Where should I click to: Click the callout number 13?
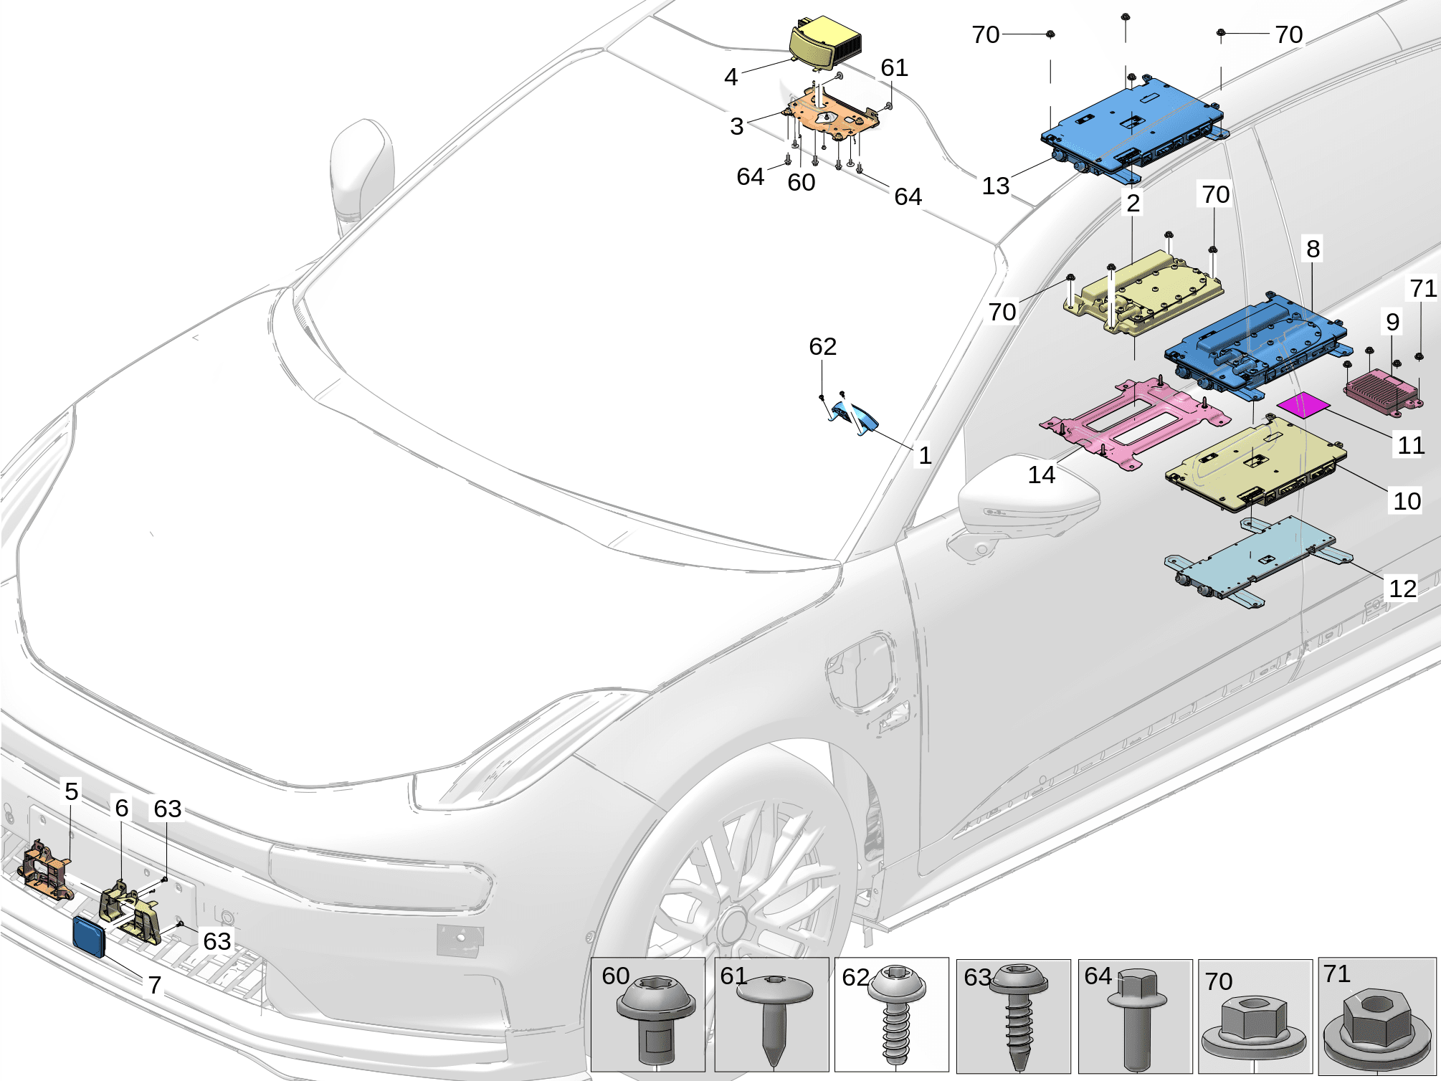click(x=995, y=186)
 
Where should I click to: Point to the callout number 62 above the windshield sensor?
click(x=822, y=346)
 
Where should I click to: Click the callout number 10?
click(x=1407, y=500)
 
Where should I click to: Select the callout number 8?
click(x=1313, y=249)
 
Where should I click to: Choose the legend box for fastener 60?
click(x=647, y=1014)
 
